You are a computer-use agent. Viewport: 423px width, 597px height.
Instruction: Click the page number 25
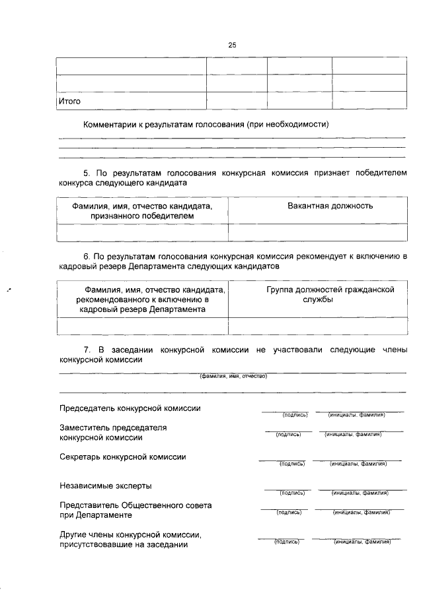click(x=232, y=45)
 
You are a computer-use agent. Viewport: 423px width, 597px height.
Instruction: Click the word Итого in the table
click(x=70, y=102)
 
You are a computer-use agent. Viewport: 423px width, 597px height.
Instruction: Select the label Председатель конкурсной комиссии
click(x=130, y=408)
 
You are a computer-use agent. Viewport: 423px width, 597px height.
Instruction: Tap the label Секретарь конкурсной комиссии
click(x=123, y=456)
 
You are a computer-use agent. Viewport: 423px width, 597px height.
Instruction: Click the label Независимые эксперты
click(x=105, y=486)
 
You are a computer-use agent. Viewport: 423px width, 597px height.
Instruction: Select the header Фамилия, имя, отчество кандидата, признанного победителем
click(x=143, y=210)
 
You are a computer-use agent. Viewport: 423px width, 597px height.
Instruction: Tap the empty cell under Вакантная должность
click(x=317, y=232)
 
